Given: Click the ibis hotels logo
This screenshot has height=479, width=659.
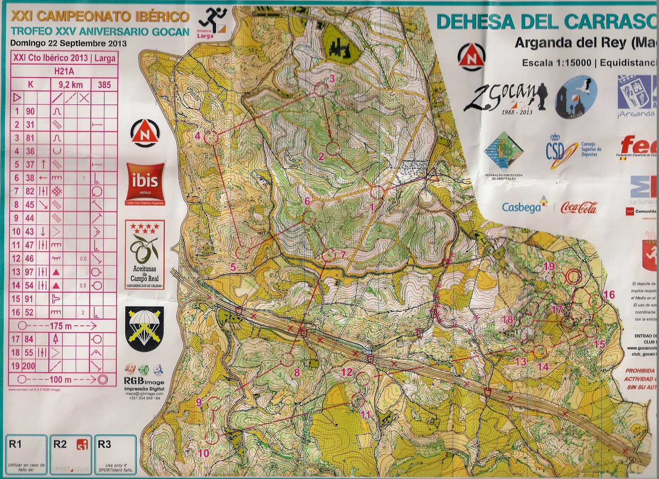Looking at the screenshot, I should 145,184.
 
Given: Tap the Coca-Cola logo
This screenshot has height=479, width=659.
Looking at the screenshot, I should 579,208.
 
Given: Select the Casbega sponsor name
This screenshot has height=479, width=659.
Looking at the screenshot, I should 521,207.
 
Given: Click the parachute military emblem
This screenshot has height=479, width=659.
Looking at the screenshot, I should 145,328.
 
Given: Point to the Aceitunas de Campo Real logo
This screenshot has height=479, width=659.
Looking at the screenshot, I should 145,254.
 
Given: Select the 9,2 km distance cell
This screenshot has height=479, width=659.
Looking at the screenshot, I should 71,85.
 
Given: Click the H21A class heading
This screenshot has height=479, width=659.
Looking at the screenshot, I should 64,71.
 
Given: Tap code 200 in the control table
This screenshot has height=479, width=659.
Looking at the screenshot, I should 28,366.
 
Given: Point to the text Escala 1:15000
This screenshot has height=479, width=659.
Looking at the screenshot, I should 556,63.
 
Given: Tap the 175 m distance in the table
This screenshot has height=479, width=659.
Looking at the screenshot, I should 61,326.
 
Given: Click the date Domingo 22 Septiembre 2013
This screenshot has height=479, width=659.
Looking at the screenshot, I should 68,43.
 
